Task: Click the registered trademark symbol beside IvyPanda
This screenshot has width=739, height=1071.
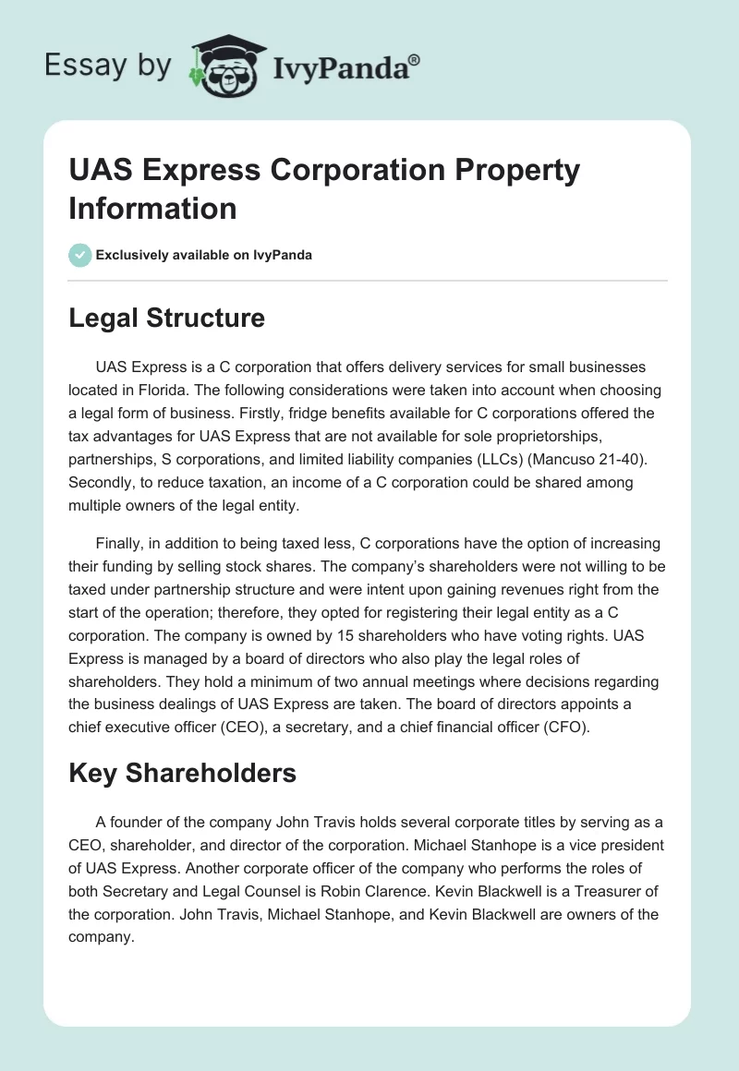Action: click(x=414, y=60)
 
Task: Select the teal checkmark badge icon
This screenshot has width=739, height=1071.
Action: click(x=80, y=255)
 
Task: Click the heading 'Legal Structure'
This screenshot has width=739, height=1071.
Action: click(x=166, y=319)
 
